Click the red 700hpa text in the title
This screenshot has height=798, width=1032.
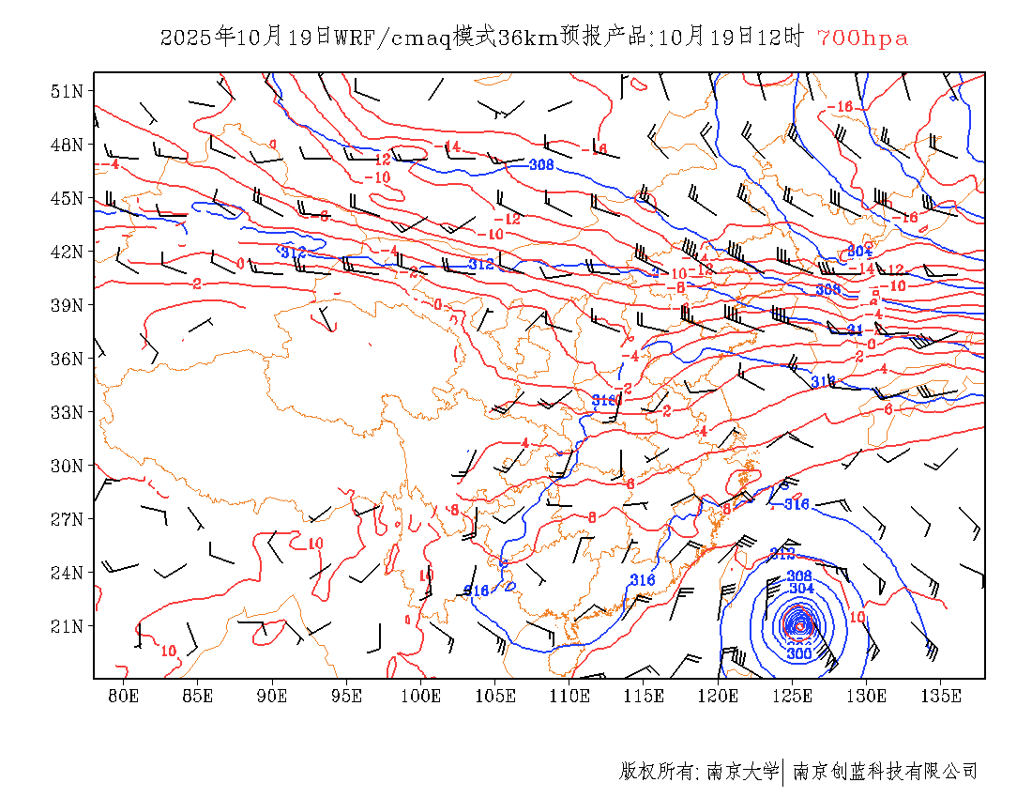coord(862,38)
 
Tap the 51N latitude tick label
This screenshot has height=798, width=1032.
coord(67,91)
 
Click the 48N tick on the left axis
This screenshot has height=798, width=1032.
coord(67,145)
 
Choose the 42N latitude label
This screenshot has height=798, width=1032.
coord(67,252)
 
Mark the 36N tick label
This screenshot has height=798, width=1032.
coord(67,359)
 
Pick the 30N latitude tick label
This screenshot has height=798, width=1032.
coord(67,466)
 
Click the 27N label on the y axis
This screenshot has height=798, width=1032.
coord(67,519)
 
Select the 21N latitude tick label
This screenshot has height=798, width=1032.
coord(67,626)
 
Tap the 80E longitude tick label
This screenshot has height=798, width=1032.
coord(124,696)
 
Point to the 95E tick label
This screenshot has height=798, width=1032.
coord(347,696)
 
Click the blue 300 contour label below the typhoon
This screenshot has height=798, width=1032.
coord(799,653)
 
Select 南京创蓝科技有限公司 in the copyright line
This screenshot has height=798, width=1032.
coord(886,772)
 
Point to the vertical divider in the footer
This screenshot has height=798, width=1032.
coord(783,772)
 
